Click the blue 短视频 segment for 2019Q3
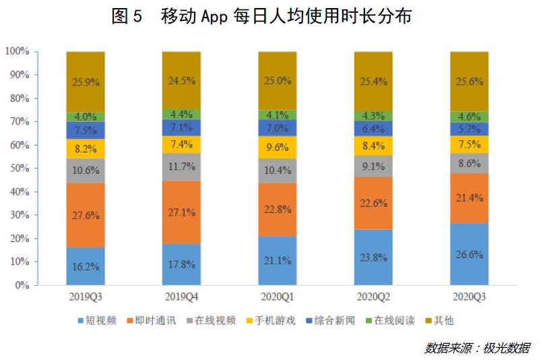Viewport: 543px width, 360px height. (86, 266)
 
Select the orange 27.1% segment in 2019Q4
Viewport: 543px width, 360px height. (181, 212)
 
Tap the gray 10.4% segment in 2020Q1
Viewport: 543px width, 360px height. (278, 171)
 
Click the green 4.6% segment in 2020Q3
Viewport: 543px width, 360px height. (469, 117)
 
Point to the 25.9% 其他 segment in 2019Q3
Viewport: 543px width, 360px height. (86, 82)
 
